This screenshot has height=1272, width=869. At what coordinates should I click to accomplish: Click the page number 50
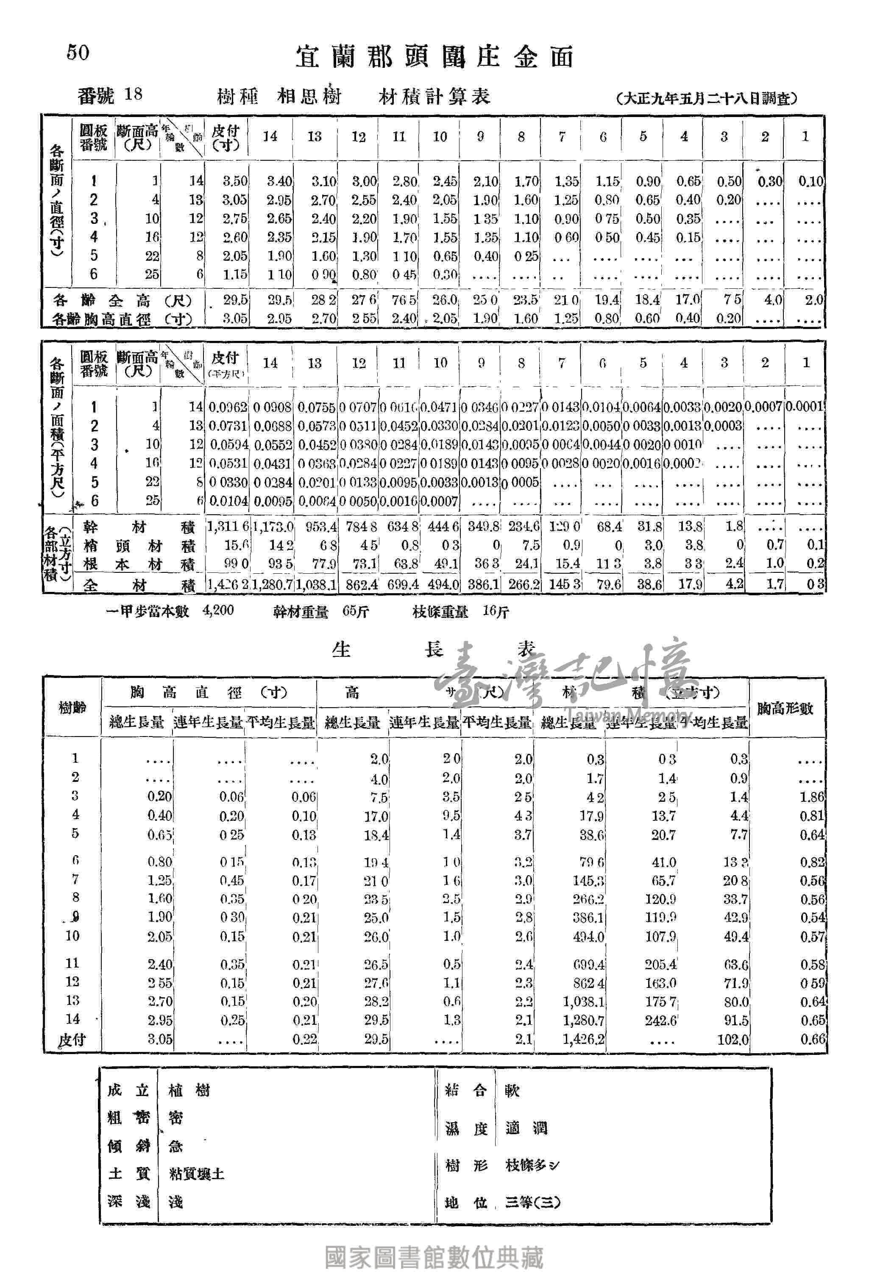coord(78,53)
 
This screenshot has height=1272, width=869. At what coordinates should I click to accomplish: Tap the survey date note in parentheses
coord(706,98)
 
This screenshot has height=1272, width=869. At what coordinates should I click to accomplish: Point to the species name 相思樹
coord(309,97)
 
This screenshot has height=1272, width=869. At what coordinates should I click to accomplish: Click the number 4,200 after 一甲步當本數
coord(218,610)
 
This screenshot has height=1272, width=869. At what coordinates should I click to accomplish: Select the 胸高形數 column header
coord(786,708)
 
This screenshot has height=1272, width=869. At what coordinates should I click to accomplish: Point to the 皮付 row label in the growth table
coord(72,1039)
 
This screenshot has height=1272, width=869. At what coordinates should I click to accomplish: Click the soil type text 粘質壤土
coord(196,1174)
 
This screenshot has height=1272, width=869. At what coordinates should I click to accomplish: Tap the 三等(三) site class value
coord(533,1202)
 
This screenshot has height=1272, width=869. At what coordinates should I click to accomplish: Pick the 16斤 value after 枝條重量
coord(496,611)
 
